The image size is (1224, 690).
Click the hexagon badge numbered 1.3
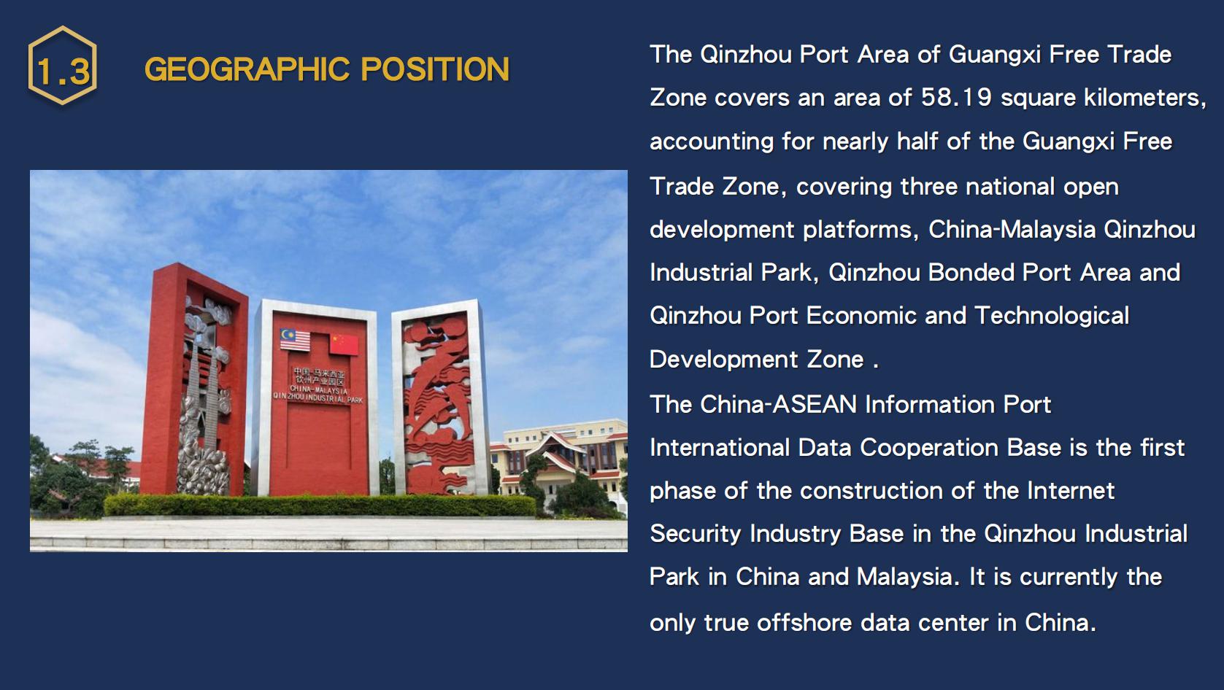[x=63, y=65]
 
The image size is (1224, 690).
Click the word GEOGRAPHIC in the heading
[x=247, y=69]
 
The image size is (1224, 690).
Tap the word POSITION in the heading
[x=435, y=69]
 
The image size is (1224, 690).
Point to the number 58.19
[x=956, y=98]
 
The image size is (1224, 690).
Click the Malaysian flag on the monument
[x=295, y=340]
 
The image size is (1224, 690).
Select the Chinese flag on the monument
[x=344, y=345]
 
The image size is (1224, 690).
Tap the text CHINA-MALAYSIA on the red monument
[x=318, y=389]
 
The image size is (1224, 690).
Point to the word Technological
[x=1052, y=316]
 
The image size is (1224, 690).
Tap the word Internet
[x=1071, y=490]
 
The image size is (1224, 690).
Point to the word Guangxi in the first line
[x=995, y=55]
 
